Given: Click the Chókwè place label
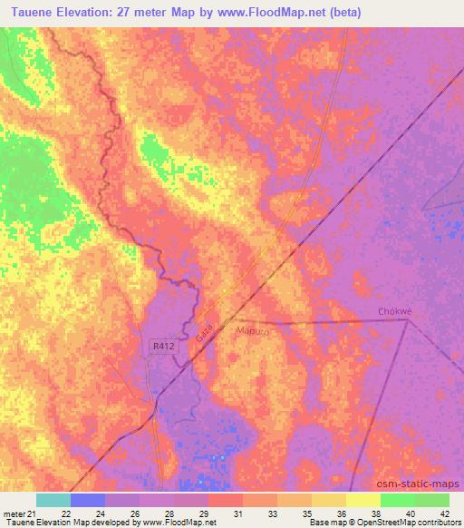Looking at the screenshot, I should coord(394,311).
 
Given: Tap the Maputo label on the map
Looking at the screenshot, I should coord(254,332).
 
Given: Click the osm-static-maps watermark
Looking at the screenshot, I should coord(420,484).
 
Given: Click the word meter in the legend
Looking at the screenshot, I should coord(13,513).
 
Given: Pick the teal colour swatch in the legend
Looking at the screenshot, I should coord(53,500).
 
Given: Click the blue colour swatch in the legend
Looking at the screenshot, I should coord(88,500).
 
